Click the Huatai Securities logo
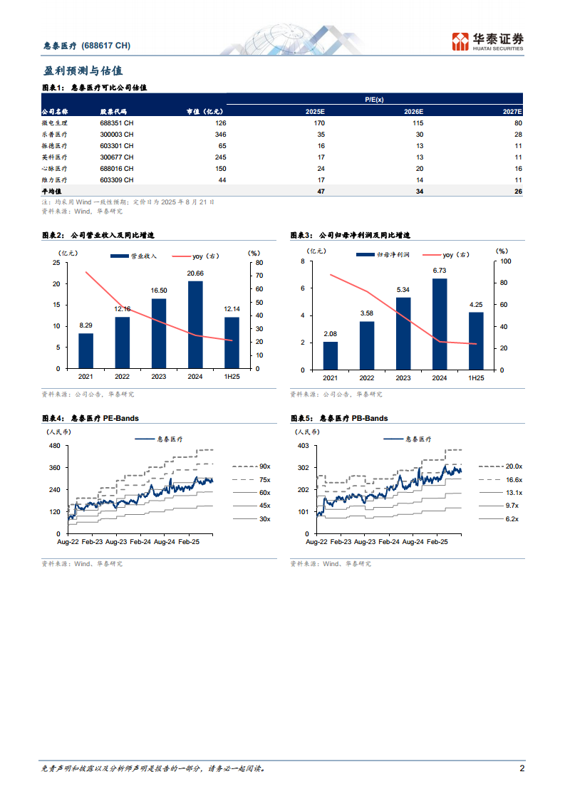click(x=489, y=41)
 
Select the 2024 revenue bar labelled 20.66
click(x=195, y=325)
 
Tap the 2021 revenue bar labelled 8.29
click(x=85, y=352)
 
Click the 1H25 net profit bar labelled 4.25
click(x=476, y=341)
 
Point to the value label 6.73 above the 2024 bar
click(x=440, y=271)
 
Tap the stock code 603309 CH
click(x=117, y=180)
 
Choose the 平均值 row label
click(x=52, y=192)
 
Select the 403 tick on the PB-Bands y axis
click(x=303, y=446)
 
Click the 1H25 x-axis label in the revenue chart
click(x=232, y=378)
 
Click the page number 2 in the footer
click(x=522, y=769)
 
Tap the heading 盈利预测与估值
click(x=83, y=71)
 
